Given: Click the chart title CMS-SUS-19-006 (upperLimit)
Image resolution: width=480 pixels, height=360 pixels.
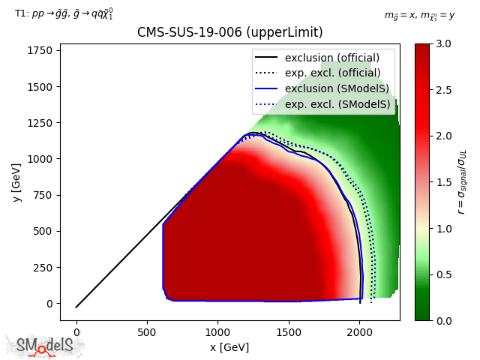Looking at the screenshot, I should [x=229, y=33].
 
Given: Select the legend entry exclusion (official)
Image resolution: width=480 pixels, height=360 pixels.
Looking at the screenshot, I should [x=331, y=58].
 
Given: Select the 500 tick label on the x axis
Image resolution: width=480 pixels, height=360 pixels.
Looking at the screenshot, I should [x=147, y=331].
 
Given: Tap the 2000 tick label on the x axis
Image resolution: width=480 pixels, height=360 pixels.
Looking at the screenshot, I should [x=360, y=331].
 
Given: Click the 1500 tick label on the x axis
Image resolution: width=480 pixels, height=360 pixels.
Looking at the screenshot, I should [x=289, y=331].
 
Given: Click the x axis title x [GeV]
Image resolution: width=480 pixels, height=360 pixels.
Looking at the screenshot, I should [x=229, y=347].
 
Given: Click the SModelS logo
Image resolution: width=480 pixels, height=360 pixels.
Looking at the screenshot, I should [x=45, y=346].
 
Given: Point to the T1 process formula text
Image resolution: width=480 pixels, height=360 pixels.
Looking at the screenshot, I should [x=64, y=13].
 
